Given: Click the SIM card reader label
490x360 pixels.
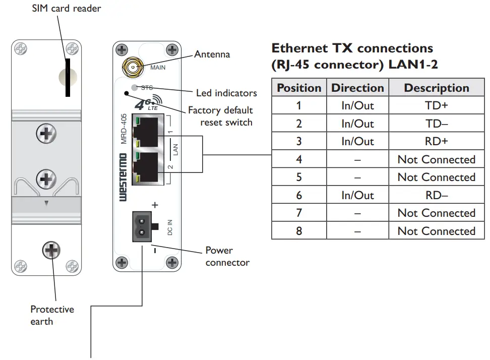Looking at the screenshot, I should click(x=67, y=9).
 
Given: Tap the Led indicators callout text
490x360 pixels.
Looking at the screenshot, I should click(x=226, y=93).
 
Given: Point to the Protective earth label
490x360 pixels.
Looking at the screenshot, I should click(x=52, y=315).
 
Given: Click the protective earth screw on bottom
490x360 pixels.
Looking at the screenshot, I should click(x=51, y=250).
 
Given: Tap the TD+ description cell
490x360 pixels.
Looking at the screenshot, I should click(x=436, y=106).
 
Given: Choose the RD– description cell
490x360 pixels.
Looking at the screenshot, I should click(x=436, y=195).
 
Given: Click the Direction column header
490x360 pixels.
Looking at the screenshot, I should click(x=357, y=88).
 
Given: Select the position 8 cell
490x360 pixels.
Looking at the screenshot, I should click(x=299, y=231).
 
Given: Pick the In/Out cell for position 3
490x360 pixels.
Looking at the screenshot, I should click(x=357, y=142).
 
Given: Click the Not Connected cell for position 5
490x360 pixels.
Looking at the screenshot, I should click(x=436, y=177).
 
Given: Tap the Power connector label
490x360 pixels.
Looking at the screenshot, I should click(x=227, y=256).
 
